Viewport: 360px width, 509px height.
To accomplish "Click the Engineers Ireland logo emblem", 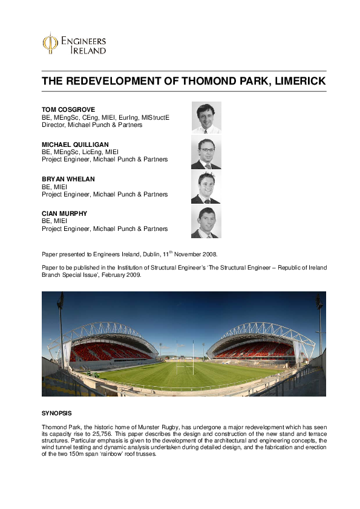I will (x=50, y=44).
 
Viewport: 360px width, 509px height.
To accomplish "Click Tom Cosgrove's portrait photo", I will (x=206, y=117).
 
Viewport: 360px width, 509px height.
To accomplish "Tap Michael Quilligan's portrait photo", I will (x=206, y=152).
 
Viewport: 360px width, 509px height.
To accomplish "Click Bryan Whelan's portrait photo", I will (x=206, y=187).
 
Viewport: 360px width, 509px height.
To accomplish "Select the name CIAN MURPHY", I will (x=64, y=214).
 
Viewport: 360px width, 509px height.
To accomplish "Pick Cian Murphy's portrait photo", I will (x=206, y=222).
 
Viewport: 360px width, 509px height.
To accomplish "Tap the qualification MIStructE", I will (x=156, y=117).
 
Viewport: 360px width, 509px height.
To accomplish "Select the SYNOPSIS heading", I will (x=56, y=413).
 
